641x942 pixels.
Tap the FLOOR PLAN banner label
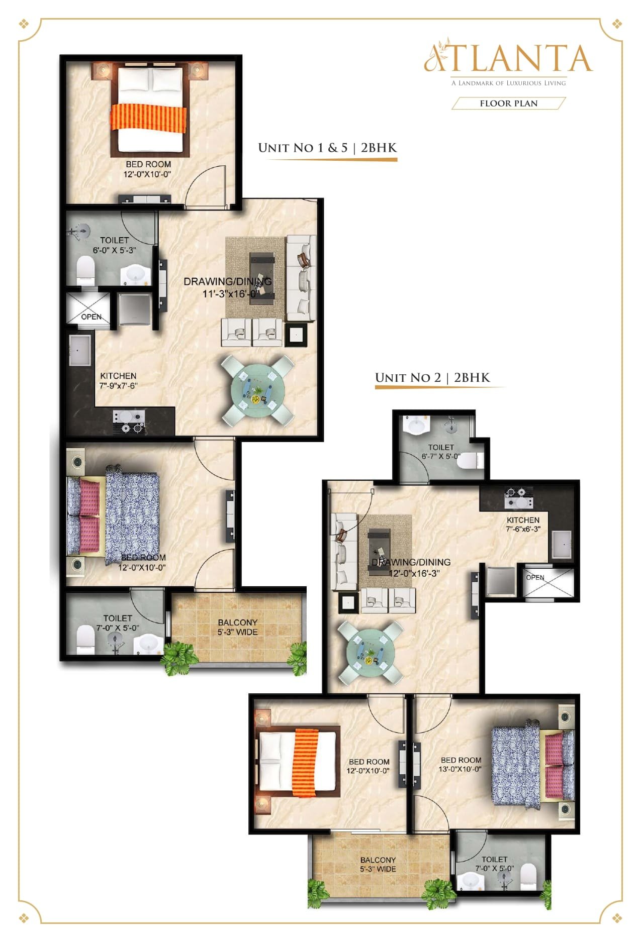509,103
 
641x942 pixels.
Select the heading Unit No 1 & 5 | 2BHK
327,148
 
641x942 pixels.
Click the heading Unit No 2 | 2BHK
432,377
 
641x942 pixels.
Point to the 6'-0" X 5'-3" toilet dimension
115,250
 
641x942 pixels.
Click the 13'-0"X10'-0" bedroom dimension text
461,769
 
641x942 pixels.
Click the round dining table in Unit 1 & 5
257,389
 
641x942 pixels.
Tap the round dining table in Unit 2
371,652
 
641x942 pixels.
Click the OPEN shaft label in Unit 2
535,577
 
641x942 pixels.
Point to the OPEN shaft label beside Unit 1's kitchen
91,317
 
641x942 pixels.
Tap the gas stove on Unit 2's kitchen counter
518,497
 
